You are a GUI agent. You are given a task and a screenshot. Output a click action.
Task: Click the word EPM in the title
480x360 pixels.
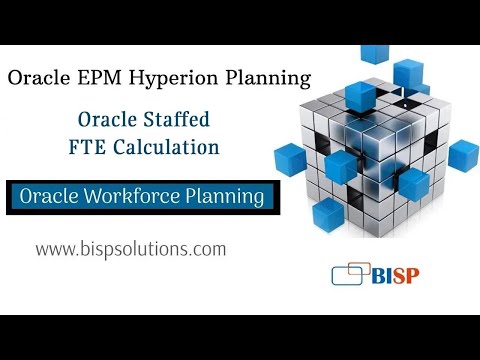[106, 77]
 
